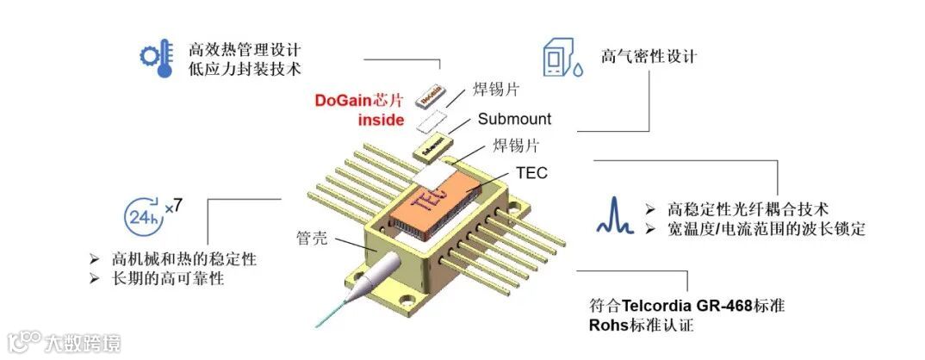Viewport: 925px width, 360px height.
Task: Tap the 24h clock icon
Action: pos(142,215)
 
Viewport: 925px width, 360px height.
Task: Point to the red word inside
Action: pos(381,120)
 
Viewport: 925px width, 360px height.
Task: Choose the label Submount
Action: pos(514,118)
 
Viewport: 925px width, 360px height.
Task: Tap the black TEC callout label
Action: pos(531,172)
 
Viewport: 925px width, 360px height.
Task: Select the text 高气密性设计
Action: pos(649,57)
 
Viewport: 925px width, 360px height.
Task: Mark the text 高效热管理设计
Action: pos(245,48)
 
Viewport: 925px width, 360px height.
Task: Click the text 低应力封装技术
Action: pos(245,68)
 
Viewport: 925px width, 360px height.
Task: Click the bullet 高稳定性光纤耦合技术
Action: pos(748,208)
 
